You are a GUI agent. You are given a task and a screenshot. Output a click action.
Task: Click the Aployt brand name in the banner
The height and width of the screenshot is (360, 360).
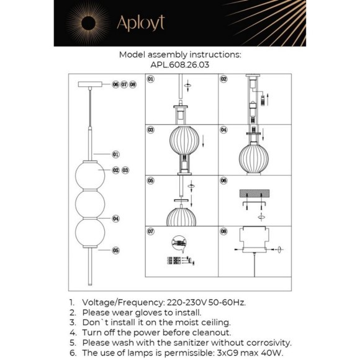click(x=141, y=23)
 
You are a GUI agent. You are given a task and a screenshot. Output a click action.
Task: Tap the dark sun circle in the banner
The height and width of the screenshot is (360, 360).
click(x=88, y=23)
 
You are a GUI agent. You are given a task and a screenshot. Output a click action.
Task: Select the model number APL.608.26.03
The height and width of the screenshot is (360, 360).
click(x=180, y=65)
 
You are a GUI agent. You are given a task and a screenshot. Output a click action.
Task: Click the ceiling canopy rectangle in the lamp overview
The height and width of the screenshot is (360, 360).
click(x=90, y=84)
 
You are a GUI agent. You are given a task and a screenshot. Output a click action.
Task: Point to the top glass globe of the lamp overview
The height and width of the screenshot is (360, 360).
click(x=90, y=175)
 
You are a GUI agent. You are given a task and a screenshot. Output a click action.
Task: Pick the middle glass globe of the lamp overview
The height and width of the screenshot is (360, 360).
click(x=90, y=204)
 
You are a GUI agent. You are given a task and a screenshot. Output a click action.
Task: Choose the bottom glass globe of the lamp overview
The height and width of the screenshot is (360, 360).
click(x=90, y=232)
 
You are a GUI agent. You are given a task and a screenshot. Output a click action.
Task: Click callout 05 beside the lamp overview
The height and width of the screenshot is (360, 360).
click(x=115, y=250)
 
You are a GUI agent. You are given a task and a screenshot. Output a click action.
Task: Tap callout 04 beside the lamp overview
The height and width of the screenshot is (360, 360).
click(x=115, y=218)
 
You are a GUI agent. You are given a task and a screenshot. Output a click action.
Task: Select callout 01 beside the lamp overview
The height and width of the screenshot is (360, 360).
click(x=115, y=155)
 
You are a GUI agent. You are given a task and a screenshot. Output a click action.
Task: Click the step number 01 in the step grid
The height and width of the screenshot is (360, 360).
click(x=150, y=79)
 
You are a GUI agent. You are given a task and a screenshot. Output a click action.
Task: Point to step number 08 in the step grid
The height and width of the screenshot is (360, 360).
click(x=223, y=231)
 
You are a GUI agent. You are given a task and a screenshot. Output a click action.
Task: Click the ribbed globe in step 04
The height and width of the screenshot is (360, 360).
click(x=254, y=158)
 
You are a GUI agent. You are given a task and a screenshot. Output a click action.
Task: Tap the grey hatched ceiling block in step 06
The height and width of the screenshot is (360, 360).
click(x=254, y=193)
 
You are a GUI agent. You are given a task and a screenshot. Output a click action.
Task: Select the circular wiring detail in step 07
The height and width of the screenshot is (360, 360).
click(x=179, y=243)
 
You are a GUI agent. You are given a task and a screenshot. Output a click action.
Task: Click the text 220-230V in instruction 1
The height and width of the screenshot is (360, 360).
click(x=186, y=302)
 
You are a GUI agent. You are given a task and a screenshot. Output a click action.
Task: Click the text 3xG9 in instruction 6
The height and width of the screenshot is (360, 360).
click(x=226, y=353)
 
